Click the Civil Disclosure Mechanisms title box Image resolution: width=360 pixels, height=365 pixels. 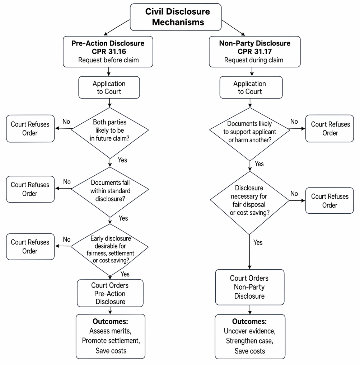point(176,17)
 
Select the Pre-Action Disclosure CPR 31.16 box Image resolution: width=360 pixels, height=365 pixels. point(108,52)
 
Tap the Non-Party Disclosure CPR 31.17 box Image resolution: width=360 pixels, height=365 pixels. point(255,52)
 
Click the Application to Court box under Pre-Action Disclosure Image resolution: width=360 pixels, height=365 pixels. point(109,87)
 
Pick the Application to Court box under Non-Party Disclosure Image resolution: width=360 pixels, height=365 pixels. point(251,87)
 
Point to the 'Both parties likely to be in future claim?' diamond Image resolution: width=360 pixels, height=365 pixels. point(110,133)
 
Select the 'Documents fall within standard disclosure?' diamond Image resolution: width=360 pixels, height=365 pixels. point(110,192)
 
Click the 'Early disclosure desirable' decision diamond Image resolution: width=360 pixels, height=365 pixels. point(109,250)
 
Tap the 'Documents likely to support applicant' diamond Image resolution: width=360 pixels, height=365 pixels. point(250,134)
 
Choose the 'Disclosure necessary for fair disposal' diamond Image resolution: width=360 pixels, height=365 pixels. point(249,203)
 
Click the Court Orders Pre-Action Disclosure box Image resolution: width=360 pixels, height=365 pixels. point(110,293)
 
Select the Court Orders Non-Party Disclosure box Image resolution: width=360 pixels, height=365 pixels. point(250,287)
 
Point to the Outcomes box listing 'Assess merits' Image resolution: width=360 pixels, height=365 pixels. point(111,336)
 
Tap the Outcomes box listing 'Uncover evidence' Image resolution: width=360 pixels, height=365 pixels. point(250,337)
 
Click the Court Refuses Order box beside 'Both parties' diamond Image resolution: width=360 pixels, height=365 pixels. point(30,128)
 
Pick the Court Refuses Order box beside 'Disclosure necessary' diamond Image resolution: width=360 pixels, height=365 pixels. point(329,201)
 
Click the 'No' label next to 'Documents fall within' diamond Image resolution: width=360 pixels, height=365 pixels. point(67,182)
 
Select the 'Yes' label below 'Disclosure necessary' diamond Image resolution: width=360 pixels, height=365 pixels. point(258,243)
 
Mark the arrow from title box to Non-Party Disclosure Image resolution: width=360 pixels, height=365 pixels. point(233,28)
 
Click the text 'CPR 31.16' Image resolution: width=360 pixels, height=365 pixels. point(109,51)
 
